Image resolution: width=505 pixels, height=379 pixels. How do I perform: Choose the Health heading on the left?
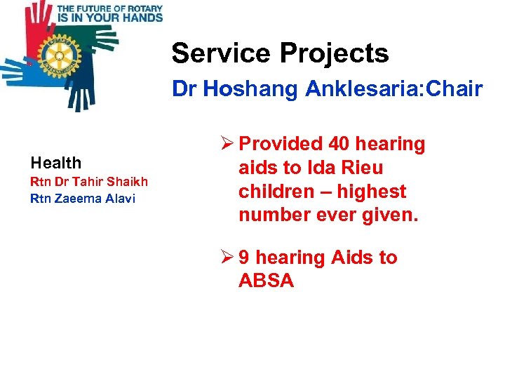56,163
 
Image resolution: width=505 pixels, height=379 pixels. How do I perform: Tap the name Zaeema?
74,198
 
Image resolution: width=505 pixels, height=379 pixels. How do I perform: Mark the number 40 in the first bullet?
339,144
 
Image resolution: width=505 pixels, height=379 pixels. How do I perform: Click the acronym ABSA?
266,281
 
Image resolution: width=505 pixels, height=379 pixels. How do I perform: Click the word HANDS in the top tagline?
140,17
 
